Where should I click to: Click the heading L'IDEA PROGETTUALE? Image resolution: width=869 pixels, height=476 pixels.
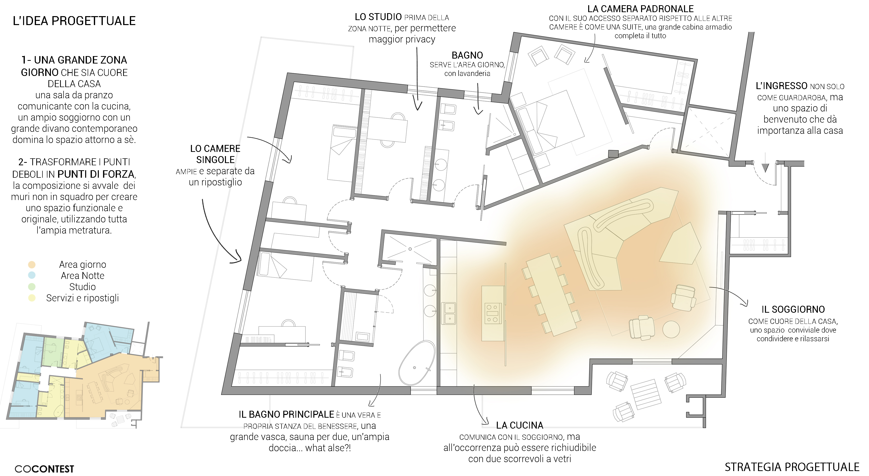click(x=74, y=21)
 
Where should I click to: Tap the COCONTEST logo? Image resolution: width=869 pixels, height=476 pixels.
click(x=44, y=469)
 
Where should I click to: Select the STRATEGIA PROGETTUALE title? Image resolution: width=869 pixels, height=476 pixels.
click(x=792, y=467)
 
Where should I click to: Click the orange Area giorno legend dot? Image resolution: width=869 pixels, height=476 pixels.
click(x=32, y=265)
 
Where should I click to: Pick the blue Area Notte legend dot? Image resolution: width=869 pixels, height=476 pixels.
click(x=32, y=276)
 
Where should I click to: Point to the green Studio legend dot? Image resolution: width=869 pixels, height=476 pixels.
click(x=32, y=287)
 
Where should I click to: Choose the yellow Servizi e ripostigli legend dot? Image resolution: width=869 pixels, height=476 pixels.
click(x=32, y=298)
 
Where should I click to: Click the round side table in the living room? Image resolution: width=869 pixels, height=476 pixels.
click(x=671, y=329)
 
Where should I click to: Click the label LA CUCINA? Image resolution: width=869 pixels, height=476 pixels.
click(x=519, y=425)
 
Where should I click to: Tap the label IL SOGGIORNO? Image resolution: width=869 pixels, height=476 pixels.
click(x=793, y=309)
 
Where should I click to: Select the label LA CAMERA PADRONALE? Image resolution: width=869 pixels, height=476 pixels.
click(x=640, y=9)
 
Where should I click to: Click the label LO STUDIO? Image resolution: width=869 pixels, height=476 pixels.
click(x=378, y=17)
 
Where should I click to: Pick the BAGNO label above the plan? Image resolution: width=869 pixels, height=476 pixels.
click(x=467, y=55)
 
